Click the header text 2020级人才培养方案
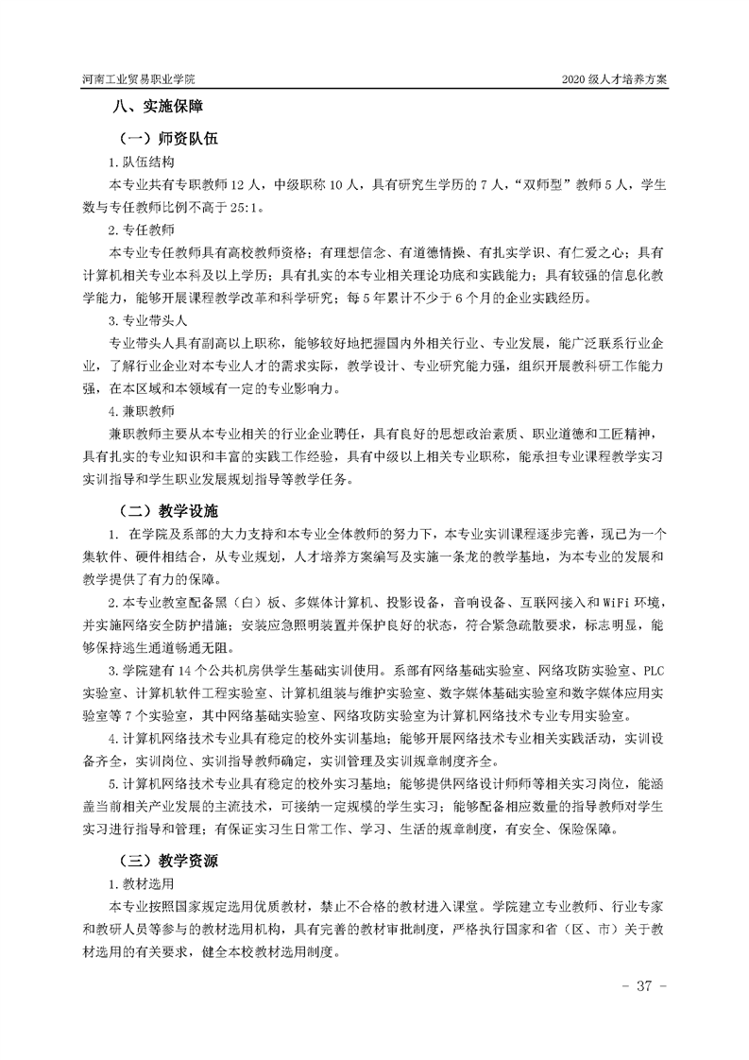click(x=614, y=79)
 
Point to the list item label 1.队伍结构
click(x=141, y=162)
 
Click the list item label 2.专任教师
click(x=141, y=230)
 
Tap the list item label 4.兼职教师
click(x=141, y=411)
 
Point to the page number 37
click(x=645, y=986)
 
